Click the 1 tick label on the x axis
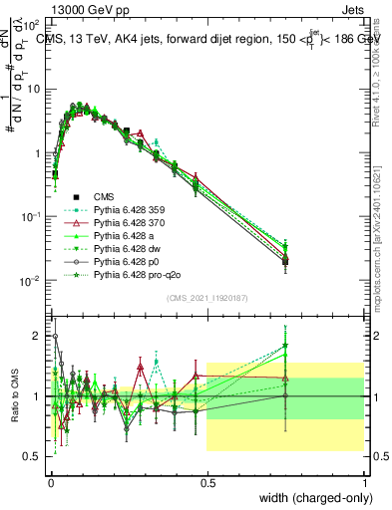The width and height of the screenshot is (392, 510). pyautogui.click(x=363, y=480)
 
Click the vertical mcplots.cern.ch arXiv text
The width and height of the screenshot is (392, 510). pyautogui.click(x=382, y=239)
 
